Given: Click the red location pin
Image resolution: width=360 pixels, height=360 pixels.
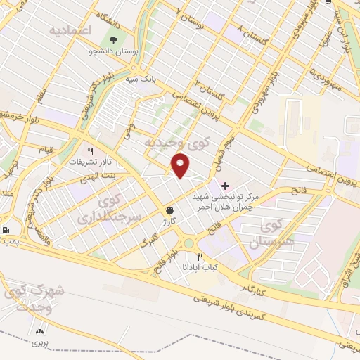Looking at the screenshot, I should coord(181,165).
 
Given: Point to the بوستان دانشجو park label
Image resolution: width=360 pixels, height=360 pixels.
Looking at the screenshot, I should coord(117,53).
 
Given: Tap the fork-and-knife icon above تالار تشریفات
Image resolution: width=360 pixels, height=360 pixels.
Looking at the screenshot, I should coord(89,151).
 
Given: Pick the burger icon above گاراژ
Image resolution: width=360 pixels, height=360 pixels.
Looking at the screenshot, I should coord(169,210).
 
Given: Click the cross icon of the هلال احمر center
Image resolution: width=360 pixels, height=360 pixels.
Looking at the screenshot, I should coord(225,187).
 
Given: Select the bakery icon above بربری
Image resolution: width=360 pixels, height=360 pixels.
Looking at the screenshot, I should coord(39,330).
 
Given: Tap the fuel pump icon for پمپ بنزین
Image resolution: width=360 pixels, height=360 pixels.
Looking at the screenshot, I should coord(6,230).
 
